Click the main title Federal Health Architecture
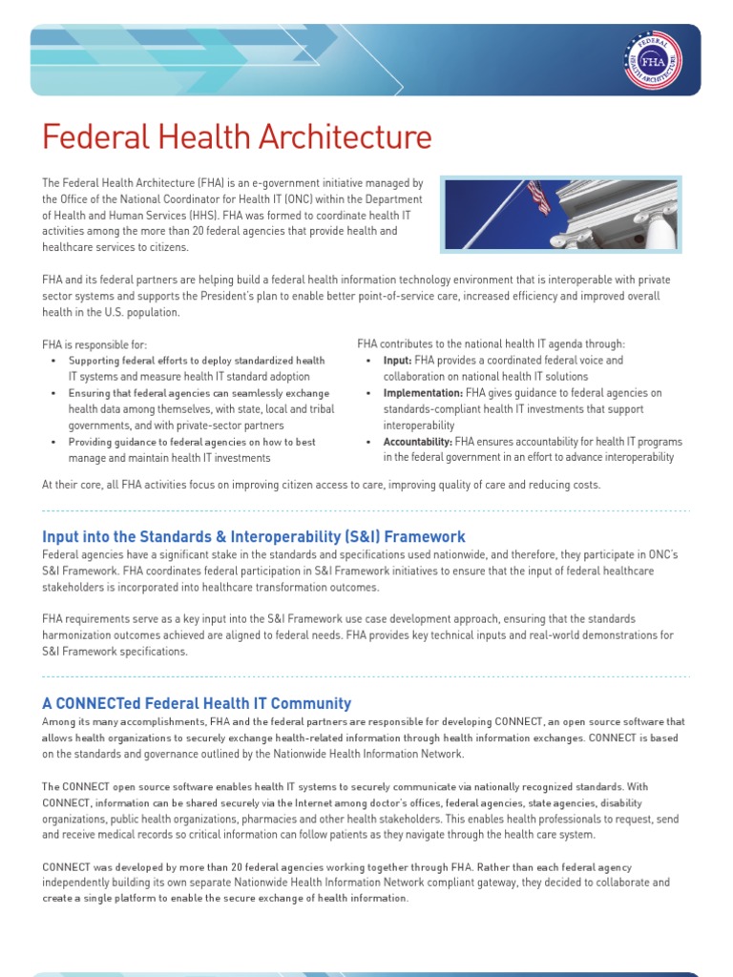pyautogui.click(x=237, y=137)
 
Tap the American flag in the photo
pyautogui.click(x=539, y=197)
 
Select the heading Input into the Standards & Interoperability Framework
pyautogui.click(x=254, y=536)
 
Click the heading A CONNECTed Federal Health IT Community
pyautogui.click(x=197, y=703)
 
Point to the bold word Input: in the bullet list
pyautogui.click(x=397, y=361)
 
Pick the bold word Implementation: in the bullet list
pyautogui.click(x=423, y=393)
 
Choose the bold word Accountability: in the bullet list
pyautogui.click(x=417, y=442)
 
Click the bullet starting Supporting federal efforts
pyautogui.click(x=197, y=369)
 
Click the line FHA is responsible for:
pyautogui.click(x=94, y=344)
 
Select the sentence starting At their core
pyautogui.click(x=321, y=485)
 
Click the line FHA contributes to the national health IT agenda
pyautogui.click(x=492, y=343)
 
